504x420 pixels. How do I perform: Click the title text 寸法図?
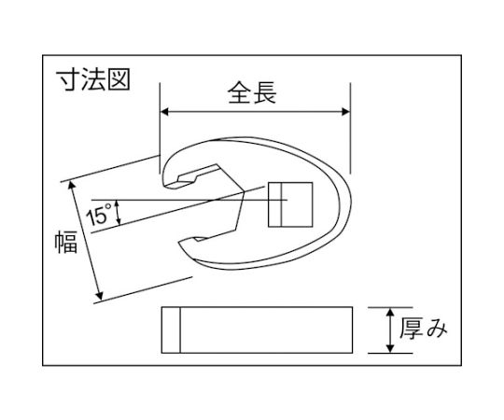tap(93, 79)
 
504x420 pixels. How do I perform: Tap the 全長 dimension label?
tap(252, 93)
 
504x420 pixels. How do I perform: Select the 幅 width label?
tap(66, 242)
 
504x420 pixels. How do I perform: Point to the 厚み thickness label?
tap(424, 329)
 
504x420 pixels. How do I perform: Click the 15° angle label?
tap(98, 214)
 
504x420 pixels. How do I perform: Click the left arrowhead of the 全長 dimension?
tap(164, 112)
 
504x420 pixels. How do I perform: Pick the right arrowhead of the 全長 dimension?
tap(346, 112)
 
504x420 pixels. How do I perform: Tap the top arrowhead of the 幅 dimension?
tap(72, 185)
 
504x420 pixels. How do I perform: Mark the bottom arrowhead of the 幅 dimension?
tap(100, 296)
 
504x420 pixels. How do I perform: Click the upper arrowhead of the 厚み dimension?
tap(390, 313)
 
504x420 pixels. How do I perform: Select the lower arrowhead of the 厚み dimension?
tap(390, 349)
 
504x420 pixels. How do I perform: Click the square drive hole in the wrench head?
tap(290, 204)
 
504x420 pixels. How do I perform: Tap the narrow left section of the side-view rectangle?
tap(171, 330)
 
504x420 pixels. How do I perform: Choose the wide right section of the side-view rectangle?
tap(266, 330)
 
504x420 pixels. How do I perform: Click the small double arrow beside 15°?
tap(118, 212)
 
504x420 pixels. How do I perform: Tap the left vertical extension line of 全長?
tap(161, 128)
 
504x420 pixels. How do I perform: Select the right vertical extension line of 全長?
tap(350, 128)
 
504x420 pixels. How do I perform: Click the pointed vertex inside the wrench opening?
tap(245, 192)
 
